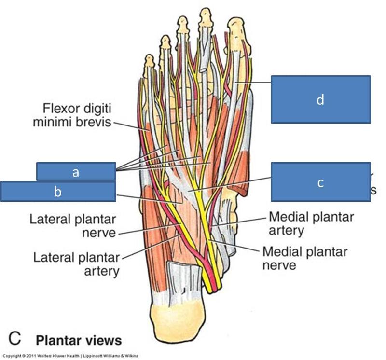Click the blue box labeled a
[76, 171]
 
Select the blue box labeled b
[58, 191]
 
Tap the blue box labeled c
[320, 182]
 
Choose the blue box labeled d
[320, 99]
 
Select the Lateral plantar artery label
[76, 263]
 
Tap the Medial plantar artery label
[311, 223]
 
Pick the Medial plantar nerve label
[304, 258]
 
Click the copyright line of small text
[72, 356]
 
